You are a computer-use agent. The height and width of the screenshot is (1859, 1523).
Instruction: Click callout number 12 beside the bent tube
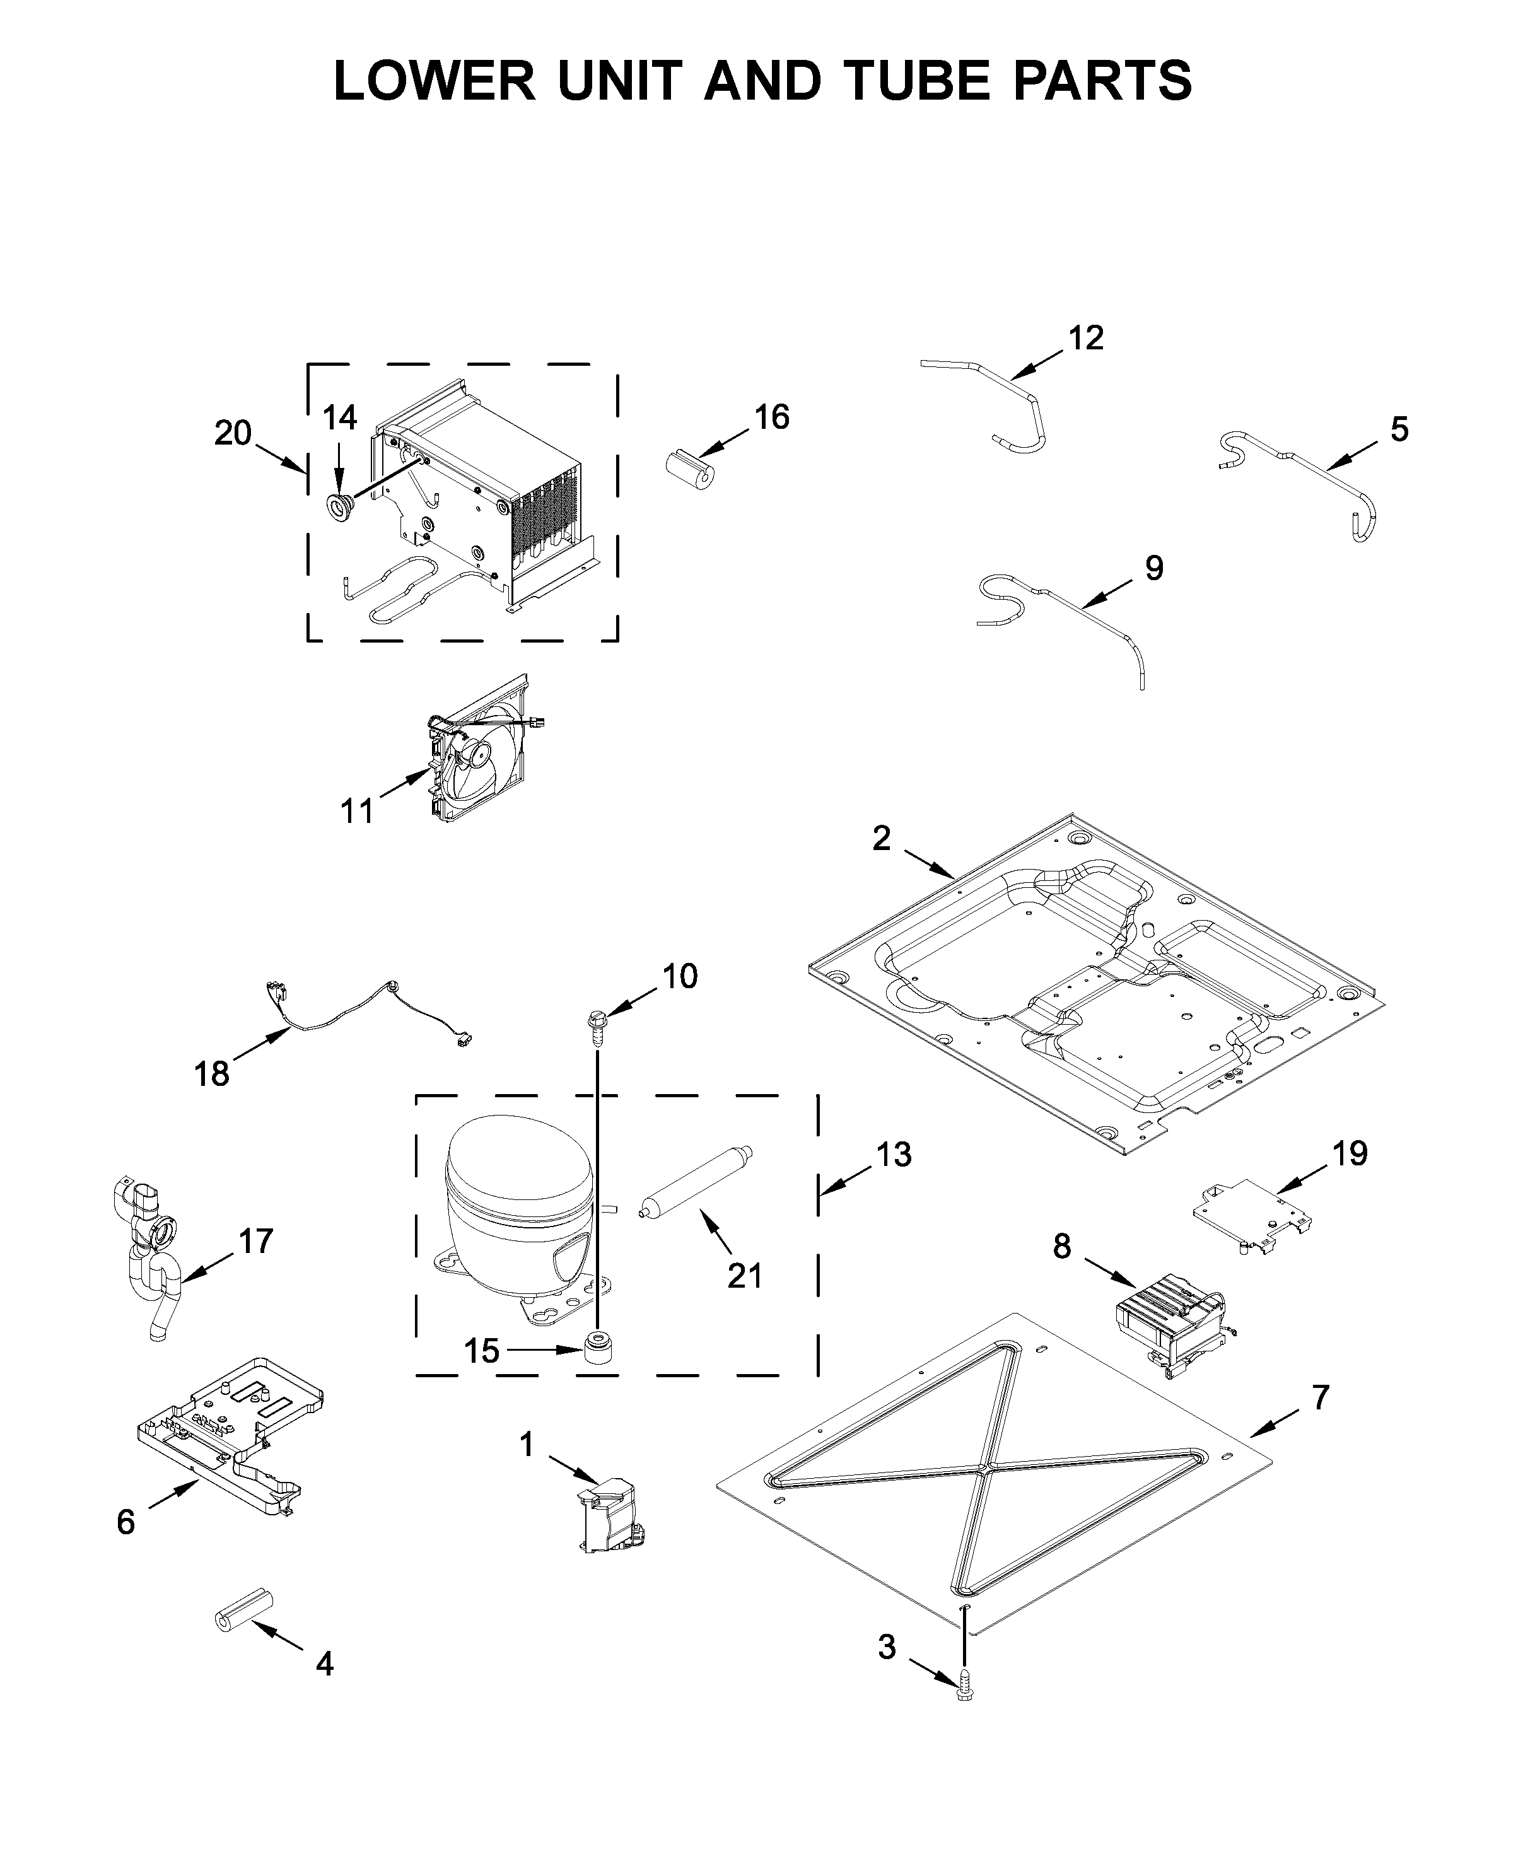[1086, 339]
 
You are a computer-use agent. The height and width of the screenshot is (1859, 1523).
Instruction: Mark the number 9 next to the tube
[1155, 569]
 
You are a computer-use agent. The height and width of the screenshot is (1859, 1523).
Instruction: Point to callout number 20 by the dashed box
[233, 433]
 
